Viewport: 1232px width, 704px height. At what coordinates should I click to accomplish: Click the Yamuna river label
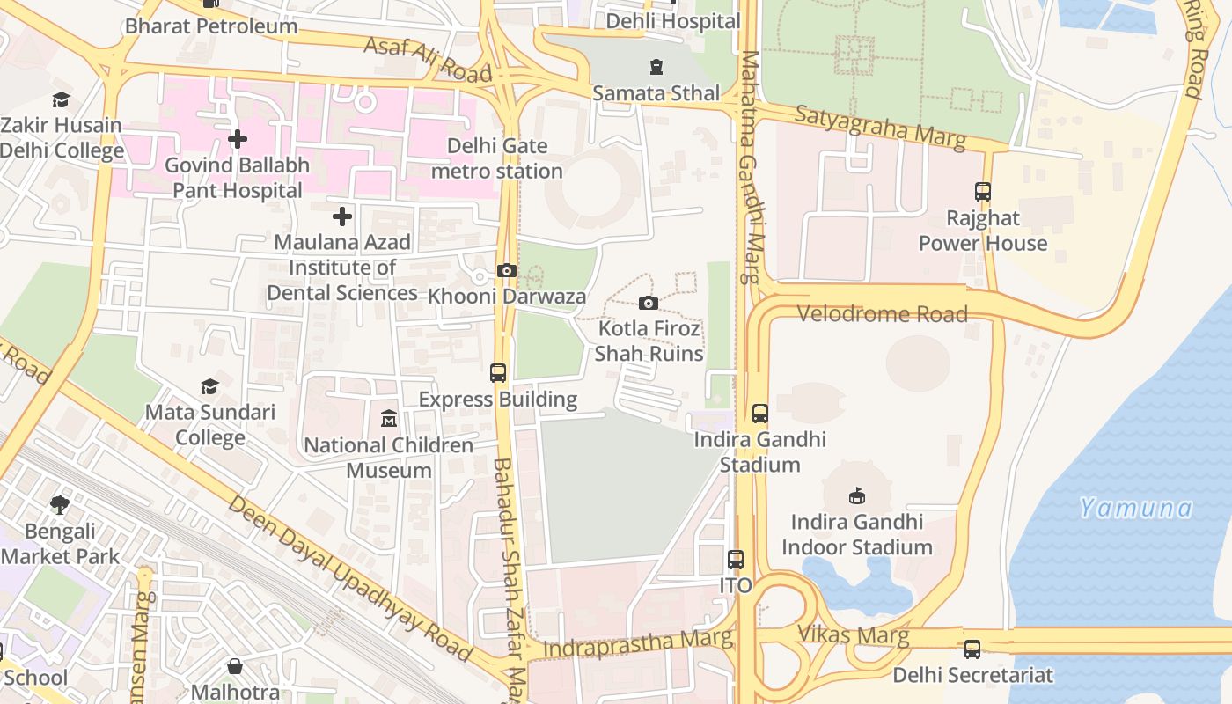pos(1135,508)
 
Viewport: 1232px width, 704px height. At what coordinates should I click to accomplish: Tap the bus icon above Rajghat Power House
pos(983,191)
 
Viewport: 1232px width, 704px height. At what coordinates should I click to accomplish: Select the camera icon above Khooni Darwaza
pos(507,270)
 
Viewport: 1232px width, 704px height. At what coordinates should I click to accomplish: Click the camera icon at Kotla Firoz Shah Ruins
pos(649,303)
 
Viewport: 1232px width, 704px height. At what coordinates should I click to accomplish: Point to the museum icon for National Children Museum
pos(389,418)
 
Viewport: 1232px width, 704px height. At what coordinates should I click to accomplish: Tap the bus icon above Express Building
pos(498,372)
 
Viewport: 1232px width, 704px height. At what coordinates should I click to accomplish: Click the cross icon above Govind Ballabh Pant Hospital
pos(237,139)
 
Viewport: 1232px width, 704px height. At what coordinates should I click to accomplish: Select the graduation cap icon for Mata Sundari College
pos(209,386)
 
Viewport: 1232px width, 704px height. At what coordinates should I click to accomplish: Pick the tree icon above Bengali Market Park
pos(60,505)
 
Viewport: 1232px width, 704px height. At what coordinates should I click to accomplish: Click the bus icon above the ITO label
pos(736,559)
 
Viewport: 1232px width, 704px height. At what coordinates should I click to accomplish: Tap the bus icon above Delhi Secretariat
pos(972,649)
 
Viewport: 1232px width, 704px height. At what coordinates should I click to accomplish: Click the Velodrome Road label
pos(882,314)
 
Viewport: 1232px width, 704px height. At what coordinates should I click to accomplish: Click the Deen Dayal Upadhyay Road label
pos(350,578)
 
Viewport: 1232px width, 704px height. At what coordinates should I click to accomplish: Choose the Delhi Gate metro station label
pos(497,158)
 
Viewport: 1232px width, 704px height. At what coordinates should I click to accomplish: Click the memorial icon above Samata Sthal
pos(656,67)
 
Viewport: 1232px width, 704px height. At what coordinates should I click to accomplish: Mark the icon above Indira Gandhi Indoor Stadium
pos(856,495)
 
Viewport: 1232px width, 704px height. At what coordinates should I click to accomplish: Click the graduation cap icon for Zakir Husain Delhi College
pos(61,99)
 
